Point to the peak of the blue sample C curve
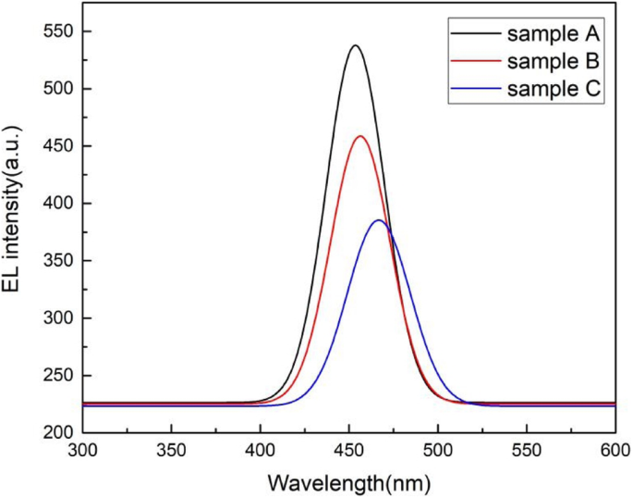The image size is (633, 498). [379, 220]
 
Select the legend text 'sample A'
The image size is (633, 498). [554, 36]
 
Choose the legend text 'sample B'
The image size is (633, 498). [554, 62]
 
